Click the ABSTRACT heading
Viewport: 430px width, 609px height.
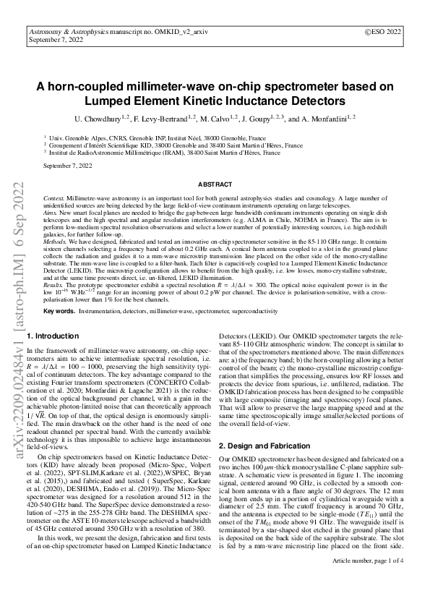[215, 185]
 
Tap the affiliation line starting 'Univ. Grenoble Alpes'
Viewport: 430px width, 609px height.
[157, 137]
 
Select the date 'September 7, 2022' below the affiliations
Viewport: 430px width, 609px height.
[68, 166]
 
